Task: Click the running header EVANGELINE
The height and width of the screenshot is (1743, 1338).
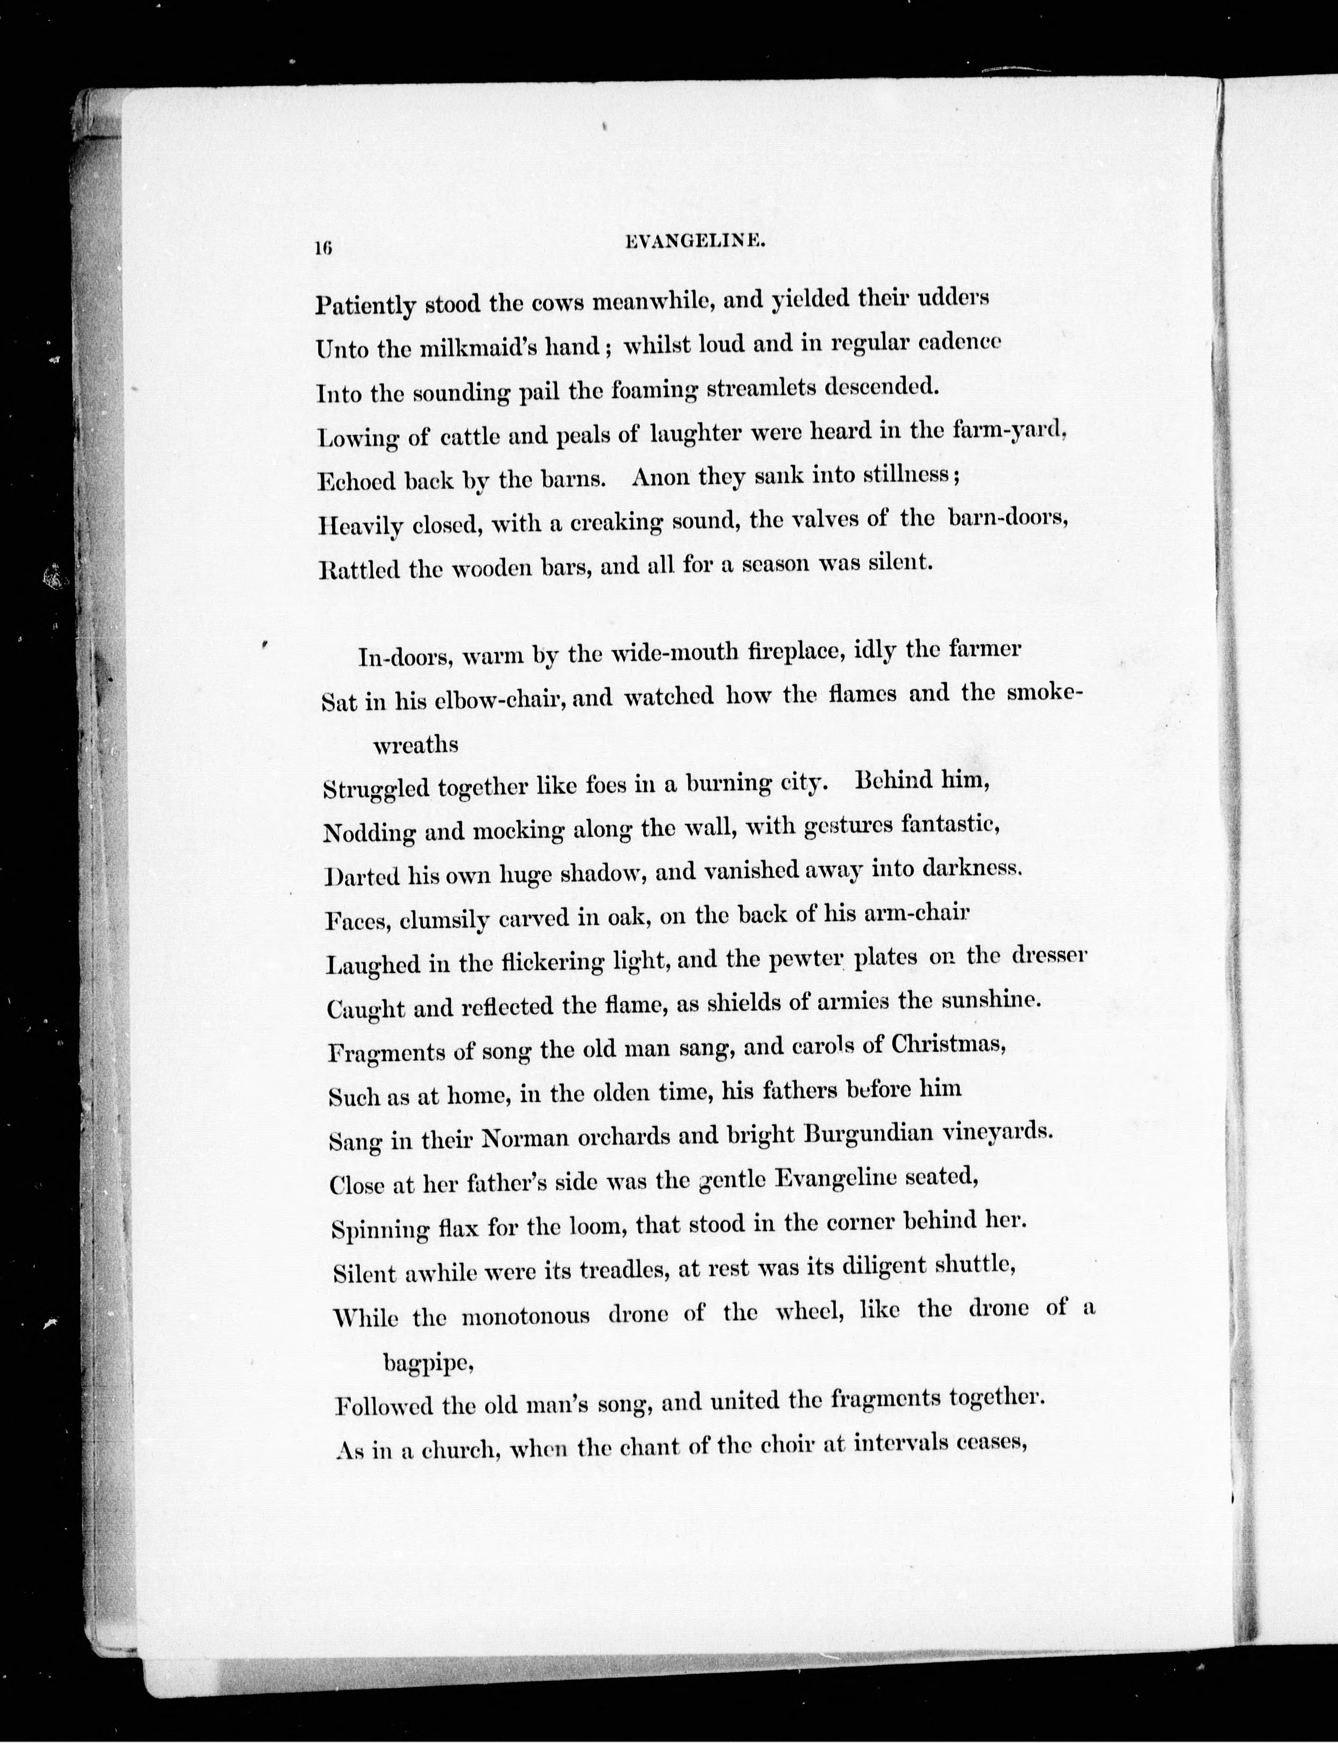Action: point(695,244)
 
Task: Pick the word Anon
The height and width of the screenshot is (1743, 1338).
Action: point(661,477)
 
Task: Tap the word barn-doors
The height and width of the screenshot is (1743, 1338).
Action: point(1007,518)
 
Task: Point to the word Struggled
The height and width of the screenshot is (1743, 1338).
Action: point(376,790)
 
